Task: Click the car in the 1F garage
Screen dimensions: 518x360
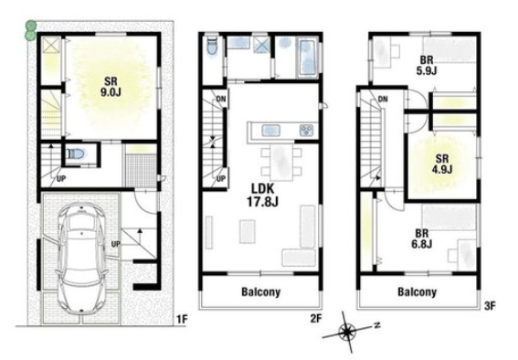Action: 81,258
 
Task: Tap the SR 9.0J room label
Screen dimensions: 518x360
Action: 111,87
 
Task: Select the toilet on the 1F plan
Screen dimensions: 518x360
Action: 77,154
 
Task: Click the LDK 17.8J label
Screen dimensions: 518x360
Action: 263,195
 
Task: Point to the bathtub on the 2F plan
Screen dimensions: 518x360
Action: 307,58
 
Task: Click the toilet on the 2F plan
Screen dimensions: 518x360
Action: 212,46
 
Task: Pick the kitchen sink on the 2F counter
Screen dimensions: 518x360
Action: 271,131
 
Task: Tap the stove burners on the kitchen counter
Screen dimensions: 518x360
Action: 307,130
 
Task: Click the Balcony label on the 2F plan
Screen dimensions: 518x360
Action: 261,292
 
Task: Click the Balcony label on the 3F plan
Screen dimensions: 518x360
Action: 417,292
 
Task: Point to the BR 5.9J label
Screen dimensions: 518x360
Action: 427,66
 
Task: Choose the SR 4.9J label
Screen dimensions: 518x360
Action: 442,164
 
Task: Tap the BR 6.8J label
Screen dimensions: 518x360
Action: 422,238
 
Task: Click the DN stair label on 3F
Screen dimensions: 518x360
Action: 383,99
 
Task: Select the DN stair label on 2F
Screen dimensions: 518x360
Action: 221,99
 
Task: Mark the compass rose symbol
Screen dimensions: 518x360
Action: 347,332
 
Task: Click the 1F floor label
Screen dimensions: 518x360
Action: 182,320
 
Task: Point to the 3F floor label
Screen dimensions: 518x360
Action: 490,306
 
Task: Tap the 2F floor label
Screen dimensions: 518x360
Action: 316,318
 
